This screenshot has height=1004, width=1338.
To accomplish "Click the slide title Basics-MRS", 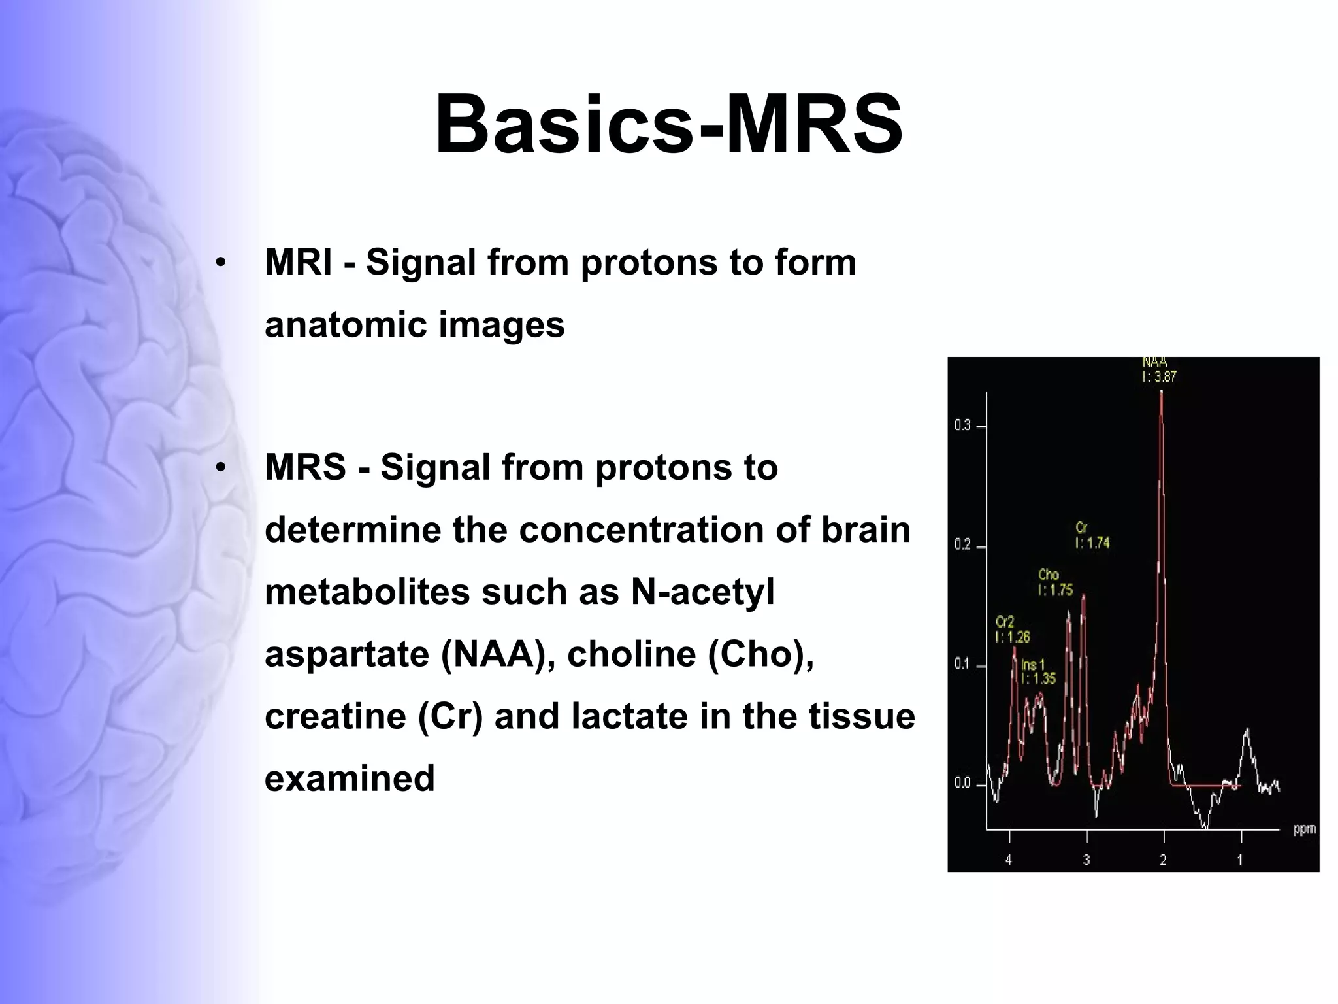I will pyautogui.click(x=669, y=124).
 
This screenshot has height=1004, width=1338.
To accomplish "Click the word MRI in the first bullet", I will pyautogui.click(x=298, y=263).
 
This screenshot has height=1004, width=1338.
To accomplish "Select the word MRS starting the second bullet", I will pyautogui.click(x=305, y=468).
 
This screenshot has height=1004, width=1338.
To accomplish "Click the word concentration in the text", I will pyautogui.click(x=642, y=529).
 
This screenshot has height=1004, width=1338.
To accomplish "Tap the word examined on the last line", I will pyautogui.click(x=350, y=778).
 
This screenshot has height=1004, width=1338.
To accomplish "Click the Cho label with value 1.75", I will pyautogui.click(x=1055, y=582).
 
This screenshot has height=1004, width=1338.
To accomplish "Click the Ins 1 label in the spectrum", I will pyautogui.click(x=1037, y=672).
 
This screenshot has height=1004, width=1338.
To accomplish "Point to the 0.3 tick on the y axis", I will pyautogui.click(x=962, y=426).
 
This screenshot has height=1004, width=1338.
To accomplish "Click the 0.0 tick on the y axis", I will pyautogui.click(x=962, y=784).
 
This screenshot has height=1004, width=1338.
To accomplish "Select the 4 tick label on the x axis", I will pyautogui.click(x=1009, y=860).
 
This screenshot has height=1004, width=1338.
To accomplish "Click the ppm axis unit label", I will pyautogui.click(x=1304, y=829).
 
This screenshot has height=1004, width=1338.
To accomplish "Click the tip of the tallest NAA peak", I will pyautogui.click(x=1161, y=392).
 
